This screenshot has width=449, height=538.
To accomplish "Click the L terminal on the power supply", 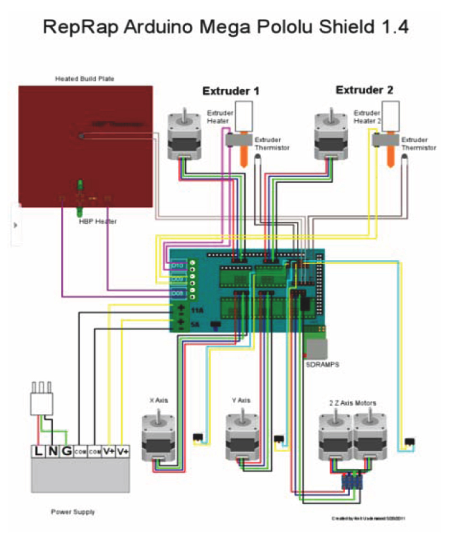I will [38, 451].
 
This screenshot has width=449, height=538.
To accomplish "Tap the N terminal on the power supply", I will [52, 451].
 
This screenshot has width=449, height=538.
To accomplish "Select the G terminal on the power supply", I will [66, 451].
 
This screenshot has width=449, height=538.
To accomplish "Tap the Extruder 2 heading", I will [364, 90].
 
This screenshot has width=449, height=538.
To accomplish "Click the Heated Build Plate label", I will [85, 79].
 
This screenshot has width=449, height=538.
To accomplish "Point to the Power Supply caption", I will [73, 512].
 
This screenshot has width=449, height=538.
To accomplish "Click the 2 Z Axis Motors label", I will [352, 403].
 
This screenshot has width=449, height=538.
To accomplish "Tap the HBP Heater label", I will [98, 222].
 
